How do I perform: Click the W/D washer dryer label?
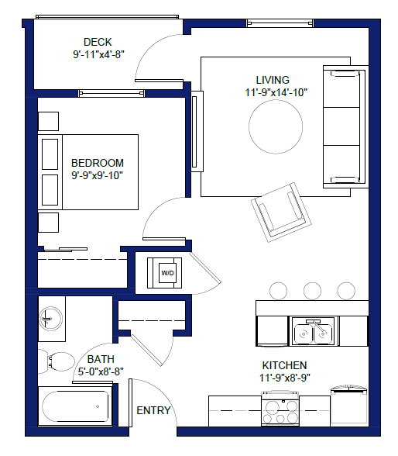coord(167,273)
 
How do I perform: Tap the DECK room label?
coord(98,42)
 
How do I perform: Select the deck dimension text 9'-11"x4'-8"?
coord(98,54)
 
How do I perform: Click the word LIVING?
coord(273,80)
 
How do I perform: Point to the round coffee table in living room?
coord(276,126)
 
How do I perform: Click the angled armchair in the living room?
coord(281,212)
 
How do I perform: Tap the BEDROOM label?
coord(98,163)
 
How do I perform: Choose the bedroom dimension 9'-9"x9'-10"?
coord(98,175)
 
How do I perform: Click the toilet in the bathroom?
coord(57,361)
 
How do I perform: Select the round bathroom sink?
coord(51,319)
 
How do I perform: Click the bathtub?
coord(75,406)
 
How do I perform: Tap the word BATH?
coord(101,359)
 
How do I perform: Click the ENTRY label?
coord(153,410)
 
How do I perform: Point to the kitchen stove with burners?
coord(280,409)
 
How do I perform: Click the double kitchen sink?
coord(314,331)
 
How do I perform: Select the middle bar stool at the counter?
coord(312,291)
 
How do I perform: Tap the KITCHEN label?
coord(284,365)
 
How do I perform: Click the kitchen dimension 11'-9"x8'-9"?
coord(284,378)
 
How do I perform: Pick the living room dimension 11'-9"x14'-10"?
coord(276,92)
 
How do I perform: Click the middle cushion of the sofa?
coord(341,126)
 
